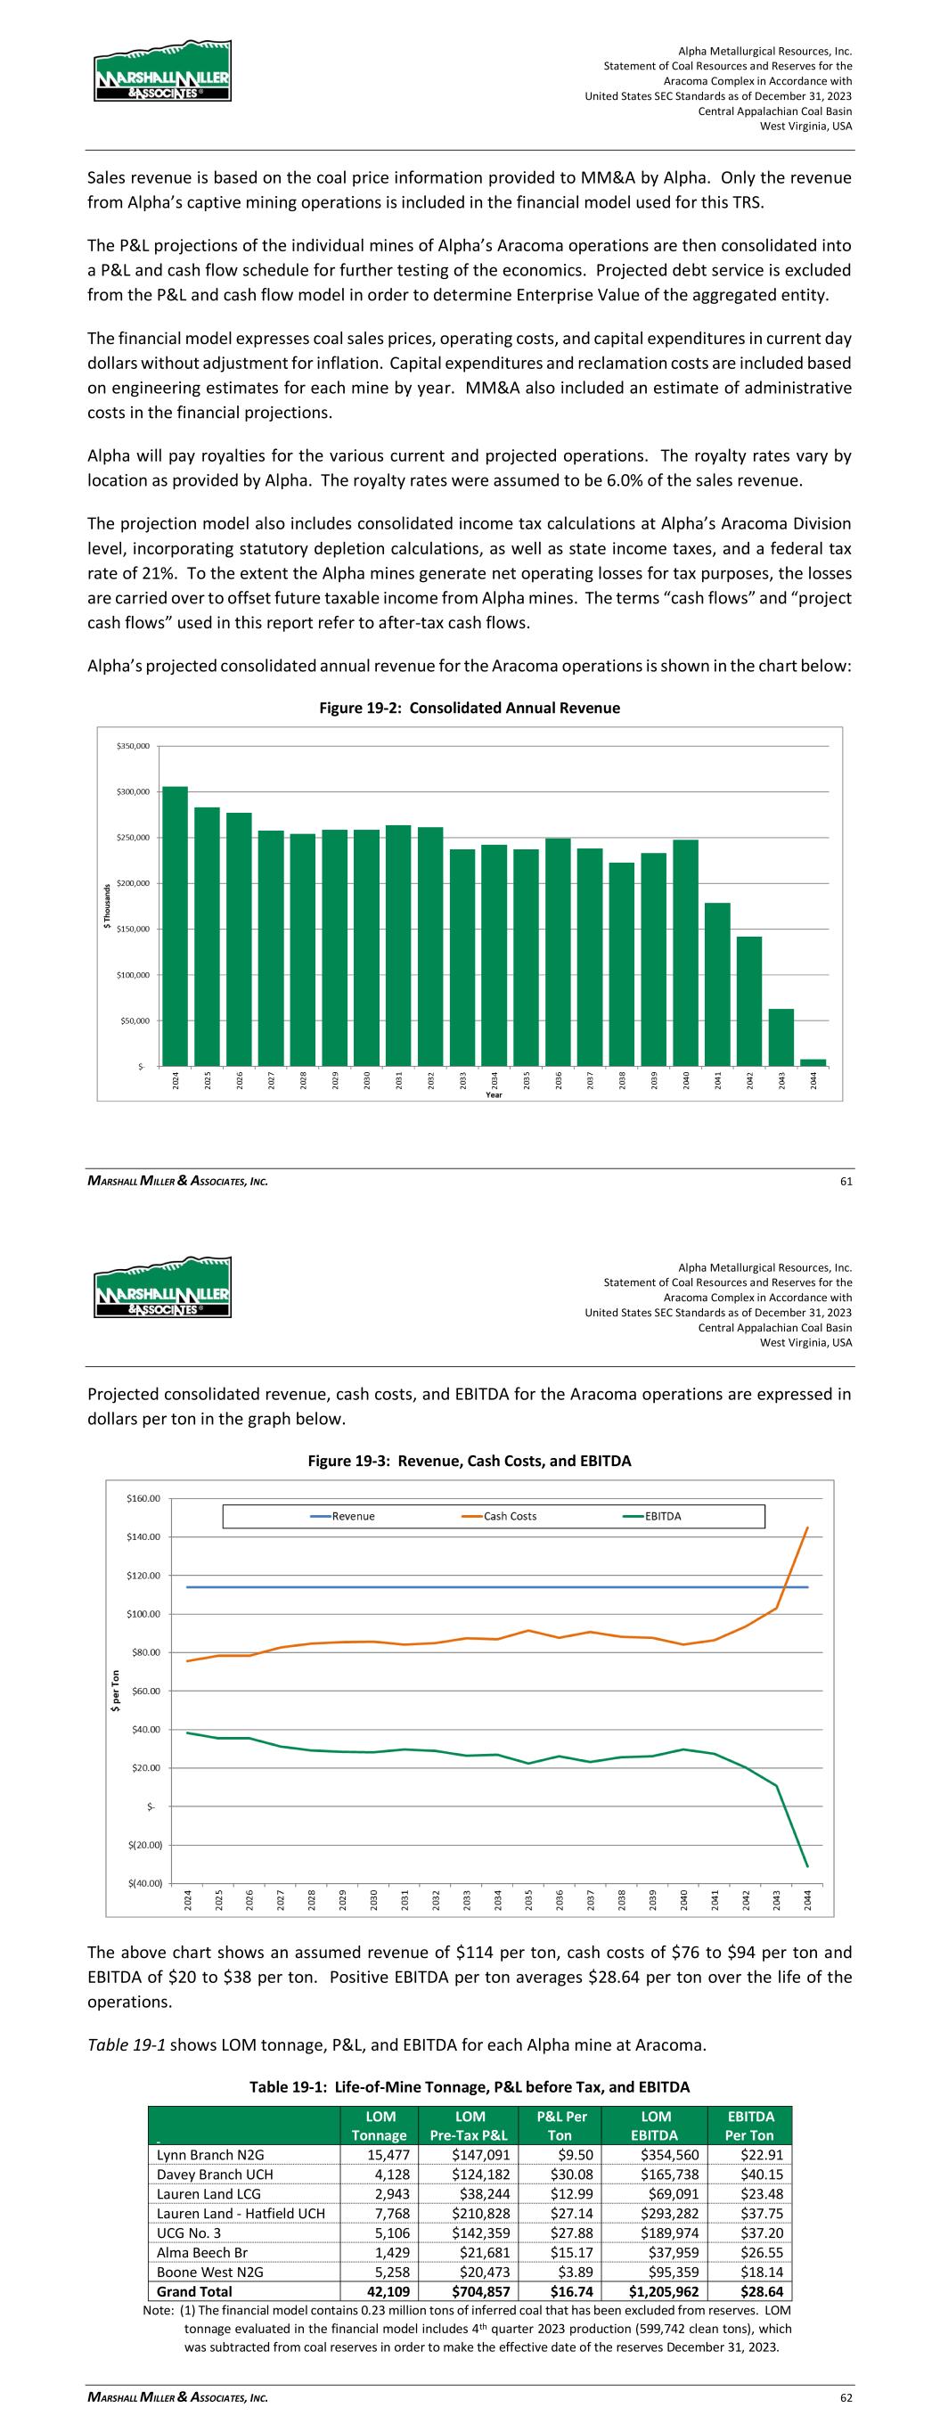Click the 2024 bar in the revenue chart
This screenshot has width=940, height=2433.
[x=175, y=926]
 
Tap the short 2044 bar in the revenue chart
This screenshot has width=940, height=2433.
[x=813, y=1062]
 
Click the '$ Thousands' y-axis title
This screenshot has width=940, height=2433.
[x=107, y=905]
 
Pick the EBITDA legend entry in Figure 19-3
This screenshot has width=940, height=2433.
[x=662, y=1516]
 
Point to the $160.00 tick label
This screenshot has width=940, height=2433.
[x=143, y=1498]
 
